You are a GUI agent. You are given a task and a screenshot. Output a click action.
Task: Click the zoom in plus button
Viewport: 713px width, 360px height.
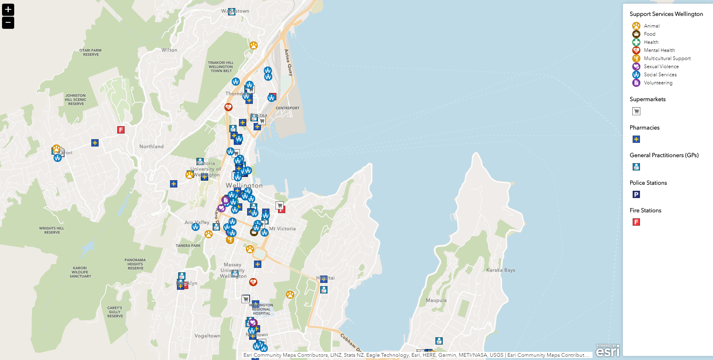coord(8,10)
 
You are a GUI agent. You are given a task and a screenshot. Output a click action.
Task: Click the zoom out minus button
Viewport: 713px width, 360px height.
coord(8,23)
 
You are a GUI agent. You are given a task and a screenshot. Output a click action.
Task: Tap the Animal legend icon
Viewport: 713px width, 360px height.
coord(636,26)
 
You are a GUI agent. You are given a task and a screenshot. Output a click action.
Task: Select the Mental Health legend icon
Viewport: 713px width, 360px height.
coord(636,50)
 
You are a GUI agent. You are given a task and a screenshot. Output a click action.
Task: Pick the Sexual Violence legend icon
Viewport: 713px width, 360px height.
coord(636,67)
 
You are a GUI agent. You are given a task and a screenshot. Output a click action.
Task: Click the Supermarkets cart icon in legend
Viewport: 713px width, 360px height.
coord(636,111)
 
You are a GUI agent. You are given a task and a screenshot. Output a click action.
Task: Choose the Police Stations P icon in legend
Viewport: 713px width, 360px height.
coord(636,194)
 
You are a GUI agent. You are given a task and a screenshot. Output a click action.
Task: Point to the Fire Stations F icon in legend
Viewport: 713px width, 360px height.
coord(636,222)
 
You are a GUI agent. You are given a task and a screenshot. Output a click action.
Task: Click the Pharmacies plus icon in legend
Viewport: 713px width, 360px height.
coord(636,139)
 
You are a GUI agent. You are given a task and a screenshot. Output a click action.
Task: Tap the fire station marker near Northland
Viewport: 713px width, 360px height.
coord(121,130)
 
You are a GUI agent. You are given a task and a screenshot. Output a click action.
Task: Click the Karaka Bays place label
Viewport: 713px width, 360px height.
coord(500,270)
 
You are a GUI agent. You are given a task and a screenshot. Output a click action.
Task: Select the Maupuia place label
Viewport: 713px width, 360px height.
coord(436,301)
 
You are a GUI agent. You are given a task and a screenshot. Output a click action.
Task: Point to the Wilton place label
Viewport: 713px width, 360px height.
coord(169,50)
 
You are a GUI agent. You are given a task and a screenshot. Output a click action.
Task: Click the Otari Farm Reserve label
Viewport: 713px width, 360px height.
coord(90,53)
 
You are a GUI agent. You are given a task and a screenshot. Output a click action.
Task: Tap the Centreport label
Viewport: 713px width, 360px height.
coord(287,108)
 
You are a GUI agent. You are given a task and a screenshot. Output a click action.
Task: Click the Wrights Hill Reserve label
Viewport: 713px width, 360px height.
coord(52,231)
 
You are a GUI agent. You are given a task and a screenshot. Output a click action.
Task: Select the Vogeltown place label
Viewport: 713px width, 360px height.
coord(207,336)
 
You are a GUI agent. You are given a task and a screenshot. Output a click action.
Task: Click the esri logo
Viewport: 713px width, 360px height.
coord(607,351)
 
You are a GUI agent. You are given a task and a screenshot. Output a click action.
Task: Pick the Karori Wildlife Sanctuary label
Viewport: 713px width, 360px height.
coord(80,272)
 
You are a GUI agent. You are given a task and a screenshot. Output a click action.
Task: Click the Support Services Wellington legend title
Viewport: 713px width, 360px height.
coord(666,14)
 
